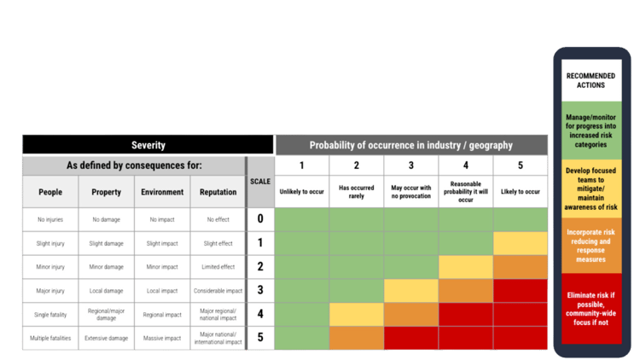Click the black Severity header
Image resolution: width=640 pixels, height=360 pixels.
[x=148, y=145]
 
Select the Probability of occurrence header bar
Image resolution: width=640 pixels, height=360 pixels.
[x=411, y=145]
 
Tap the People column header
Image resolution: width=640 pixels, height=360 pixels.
[x=50, y=192]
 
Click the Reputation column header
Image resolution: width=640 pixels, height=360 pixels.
[x=218, y=192]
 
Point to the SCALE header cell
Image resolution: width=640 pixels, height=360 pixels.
[x=260, y=182]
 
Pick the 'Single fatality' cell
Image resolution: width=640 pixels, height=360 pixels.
[x=50, y=315]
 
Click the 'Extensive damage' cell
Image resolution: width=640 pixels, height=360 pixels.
[x=106, y=338]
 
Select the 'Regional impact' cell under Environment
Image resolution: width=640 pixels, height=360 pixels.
[x=162, y=315]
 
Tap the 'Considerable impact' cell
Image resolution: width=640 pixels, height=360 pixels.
[x=218, y=291]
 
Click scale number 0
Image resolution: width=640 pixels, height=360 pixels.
[x=260, y=218]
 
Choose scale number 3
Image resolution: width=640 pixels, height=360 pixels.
[x=260, y=290]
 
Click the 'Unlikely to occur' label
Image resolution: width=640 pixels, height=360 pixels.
[x=301, y=191]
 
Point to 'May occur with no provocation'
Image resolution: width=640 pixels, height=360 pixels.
[x=411, y=192]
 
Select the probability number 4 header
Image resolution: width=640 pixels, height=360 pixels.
[x=466, y=165]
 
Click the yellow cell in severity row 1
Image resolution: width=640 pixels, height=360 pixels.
[x=521, y=243]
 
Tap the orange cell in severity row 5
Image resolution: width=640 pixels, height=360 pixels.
[x=357, y=338]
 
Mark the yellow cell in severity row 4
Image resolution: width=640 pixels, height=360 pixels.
[x=357, y=314]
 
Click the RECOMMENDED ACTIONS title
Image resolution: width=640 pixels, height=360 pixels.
[x=591, y=80]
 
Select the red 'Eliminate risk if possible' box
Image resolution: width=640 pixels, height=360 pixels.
[x=591, y=309]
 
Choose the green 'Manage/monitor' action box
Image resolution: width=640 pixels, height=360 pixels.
[x=591, y=131]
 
